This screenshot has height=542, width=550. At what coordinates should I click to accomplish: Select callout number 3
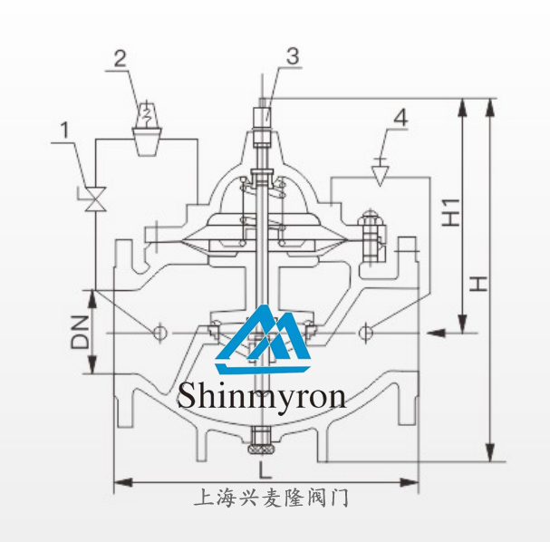pyautogui.click(x=291, y=55)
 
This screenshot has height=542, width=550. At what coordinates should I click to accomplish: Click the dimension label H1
pyautogui.click(x=452, y=212)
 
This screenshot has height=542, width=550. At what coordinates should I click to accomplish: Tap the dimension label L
pyautogui.click(x=263, y=470)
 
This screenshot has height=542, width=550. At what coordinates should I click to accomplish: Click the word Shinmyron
pyautogui.click(x=262, y=395)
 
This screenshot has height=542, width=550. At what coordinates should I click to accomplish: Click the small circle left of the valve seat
pyautogui.click(x=159, y=333)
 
